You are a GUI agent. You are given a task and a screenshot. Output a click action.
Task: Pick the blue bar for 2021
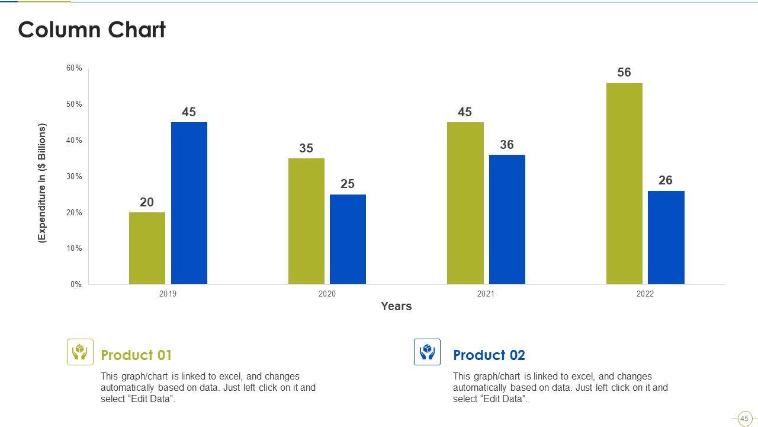tap(507, 219)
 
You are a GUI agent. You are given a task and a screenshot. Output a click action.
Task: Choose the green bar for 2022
tap(624, 183)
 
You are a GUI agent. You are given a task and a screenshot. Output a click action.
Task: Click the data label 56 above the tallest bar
tap(624, 72)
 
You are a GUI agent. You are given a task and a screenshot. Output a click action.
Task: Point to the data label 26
tap(666, 180)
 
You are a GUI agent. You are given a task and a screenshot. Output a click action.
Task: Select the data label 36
tap(507, 145)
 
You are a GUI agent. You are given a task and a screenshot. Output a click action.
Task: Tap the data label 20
tap(147, 202)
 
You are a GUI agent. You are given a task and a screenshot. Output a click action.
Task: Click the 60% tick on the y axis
tap(74, 68)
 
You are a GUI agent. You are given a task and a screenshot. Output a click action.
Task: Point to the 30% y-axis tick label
tap(74, 177)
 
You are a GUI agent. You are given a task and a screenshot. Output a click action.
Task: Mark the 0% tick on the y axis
tap(76, 285)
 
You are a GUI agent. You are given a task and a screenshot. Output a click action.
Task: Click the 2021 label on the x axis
tap(486, 294)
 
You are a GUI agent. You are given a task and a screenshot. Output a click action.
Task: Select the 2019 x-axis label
tap(168, 294)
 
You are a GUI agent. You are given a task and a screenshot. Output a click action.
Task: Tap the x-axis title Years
tap(396, 307)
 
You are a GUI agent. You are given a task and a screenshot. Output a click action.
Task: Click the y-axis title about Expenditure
tap(42, 183)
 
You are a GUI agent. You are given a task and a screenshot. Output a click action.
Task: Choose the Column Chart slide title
tap(92, 30)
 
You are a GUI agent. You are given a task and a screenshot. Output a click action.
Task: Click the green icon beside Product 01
tap(80, 352)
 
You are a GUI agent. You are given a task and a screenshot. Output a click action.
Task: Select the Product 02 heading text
tap(489, 355)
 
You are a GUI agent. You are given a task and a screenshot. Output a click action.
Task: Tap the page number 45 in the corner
tap(744, 419)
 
